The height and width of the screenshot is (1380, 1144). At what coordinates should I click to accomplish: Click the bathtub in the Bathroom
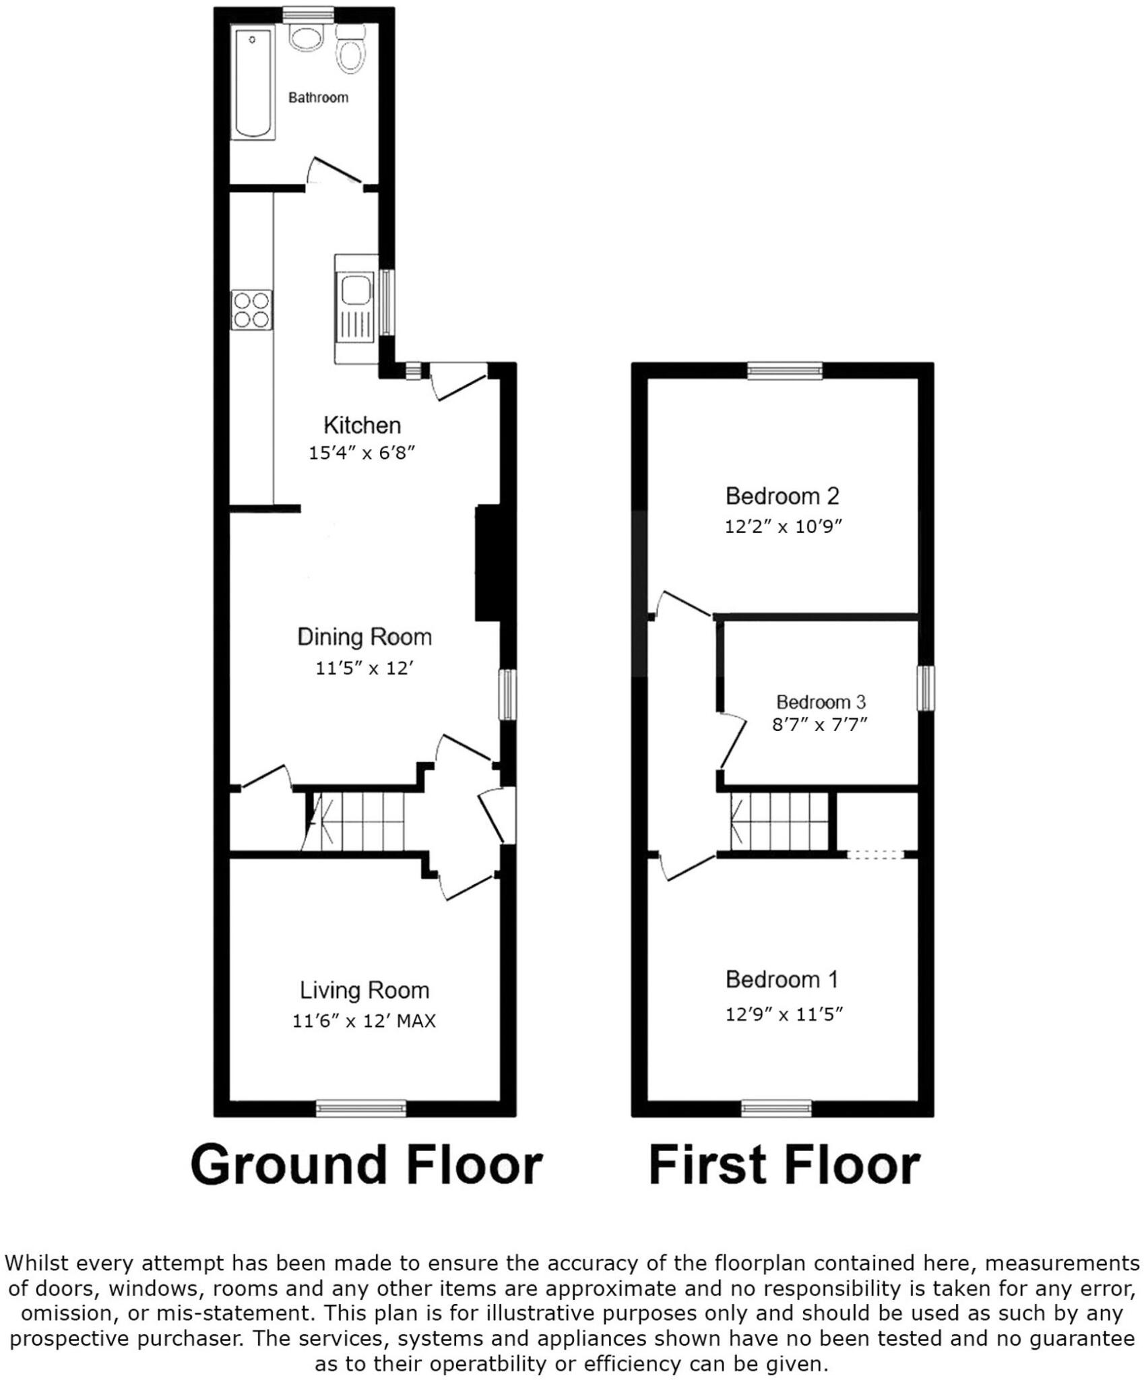tap(253, 84)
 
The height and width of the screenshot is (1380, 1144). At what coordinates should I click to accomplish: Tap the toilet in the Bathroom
tap(350, 52)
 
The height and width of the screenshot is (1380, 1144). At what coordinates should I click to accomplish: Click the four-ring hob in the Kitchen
tap(252, 309)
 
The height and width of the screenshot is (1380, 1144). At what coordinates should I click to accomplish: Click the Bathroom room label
tap(318, 98)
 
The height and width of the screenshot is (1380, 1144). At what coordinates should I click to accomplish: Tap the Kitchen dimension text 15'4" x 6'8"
tap(361, 453)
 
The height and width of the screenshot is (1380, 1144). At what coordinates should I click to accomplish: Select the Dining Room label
tap(364, 637)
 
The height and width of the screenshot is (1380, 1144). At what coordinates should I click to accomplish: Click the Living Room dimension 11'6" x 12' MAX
tap(364, 1021)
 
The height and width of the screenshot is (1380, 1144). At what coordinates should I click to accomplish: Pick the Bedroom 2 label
tap(782, 497)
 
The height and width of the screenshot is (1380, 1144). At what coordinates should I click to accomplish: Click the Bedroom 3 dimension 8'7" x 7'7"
tap(819, 724)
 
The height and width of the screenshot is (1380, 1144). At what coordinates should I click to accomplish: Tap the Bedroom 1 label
tap(782, 979)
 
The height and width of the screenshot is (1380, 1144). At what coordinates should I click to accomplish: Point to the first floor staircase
tap(780, 821)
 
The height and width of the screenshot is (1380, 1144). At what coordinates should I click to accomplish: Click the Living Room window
tap(362, 1108)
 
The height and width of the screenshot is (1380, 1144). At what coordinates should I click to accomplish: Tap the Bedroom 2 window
tap(785, 371)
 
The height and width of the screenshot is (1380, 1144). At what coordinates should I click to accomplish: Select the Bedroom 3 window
tap(926, 688)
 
